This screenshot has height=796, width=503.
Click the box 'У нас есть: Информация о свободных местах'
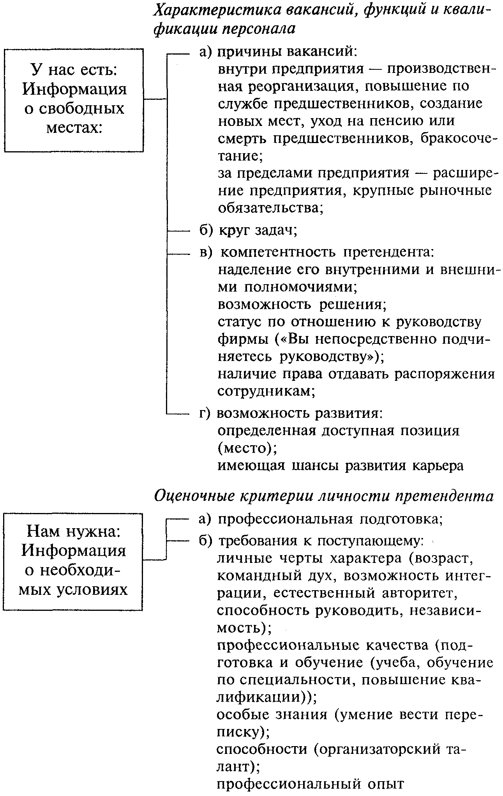coord(74,100)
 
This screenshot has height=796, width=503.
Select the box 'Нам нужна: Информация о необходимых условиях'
coord(73,561)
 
